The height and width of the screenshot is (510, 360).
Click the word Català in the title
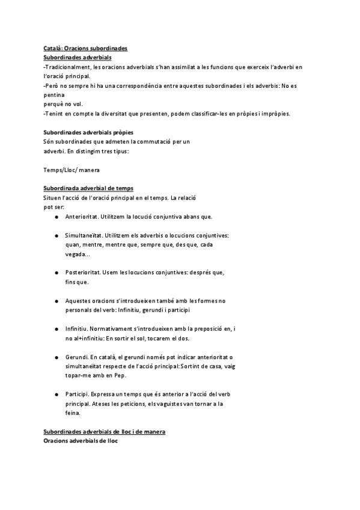coord(52,48)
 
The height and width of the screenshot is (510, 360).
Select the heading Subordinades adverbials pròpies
coord(88,132)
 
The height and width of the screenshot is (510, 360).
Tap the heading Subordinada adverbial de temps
coord(88,189)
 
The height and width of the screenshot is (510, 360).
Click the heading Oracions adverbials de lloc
coord(81,441)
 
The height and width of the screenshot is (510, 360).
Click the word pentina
coord(55,95)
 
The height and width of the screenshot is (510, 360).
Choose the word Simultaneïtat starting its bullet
coord(84,236)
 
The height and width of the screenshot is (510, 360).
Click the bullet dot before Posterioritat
coord(55,273)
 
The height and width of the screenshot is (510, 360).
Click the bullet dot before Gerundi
coord(55,357)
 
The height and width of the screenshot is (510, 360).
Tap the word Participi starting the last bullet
coord(78,395)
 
